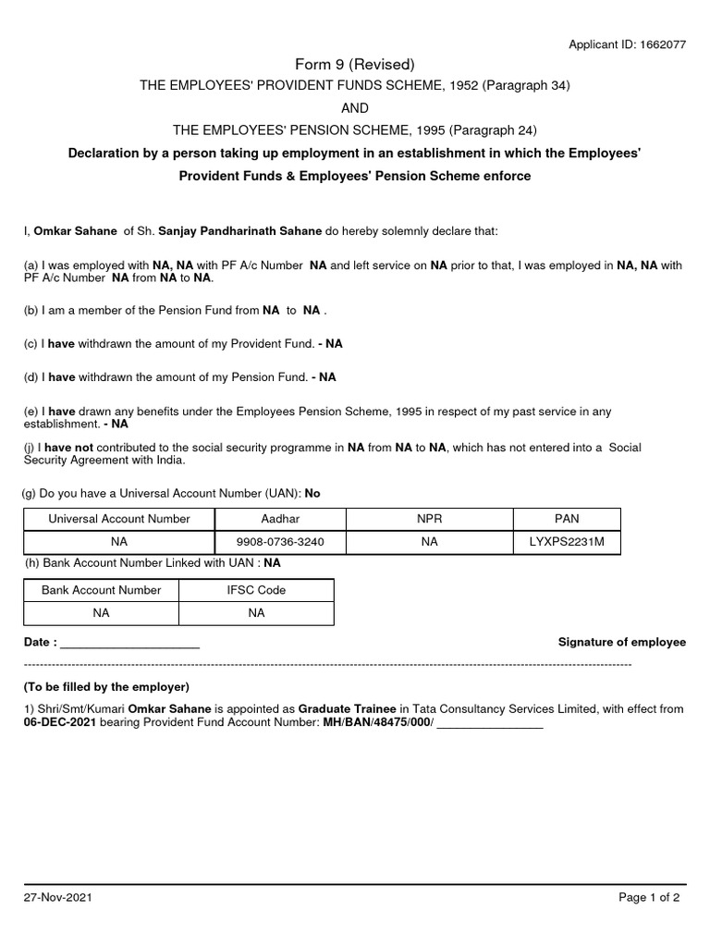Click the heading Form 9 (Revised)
point(355,64)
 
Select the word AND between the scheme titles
point(355,107)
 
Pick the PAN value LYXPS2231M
point(568,542)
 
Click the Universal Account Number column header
point(119,519)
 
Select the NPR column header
point(429,519)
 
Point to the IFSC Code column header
point(256,590)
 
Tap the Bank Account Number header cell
point(101,590)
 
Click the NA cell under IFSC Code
point(256,612)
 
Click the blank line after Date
point(129,643)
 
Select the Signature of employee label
point(622,642)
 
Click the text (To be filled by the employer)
point(105,687)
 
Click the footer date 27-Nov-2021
point(57,898)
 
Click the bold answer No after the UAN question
point(312,494)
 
